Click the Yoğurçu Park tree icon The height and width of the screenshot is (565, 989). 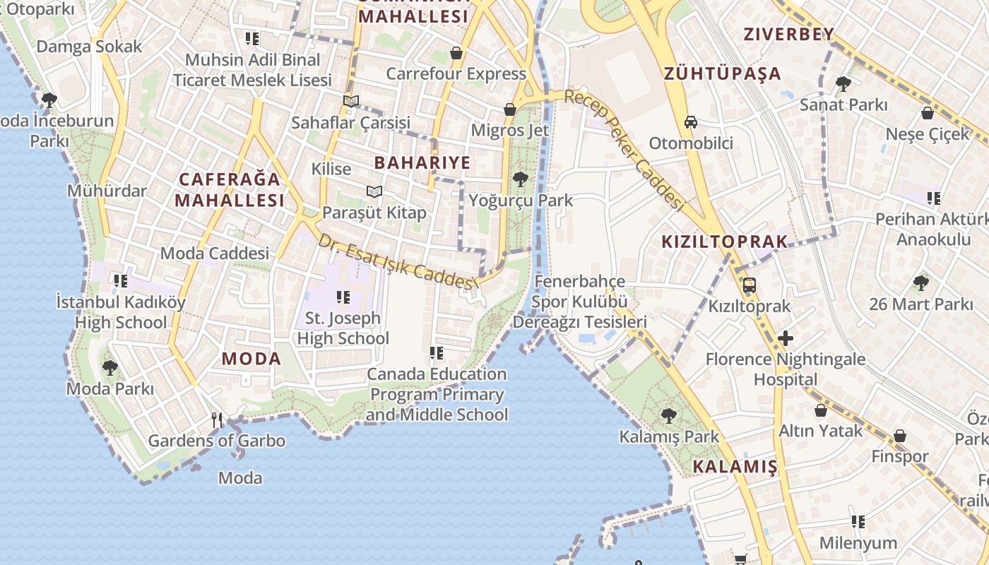(521, 179)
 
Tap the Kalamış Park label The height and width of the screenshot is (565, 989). (668, 436)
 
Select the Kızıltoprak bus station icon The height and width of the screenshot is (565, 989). (750, 286)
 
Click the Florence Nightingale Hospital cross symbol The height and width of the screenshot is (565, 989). (785, 338)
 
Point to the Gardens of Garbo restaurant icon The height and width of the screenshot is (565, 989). (217, 420)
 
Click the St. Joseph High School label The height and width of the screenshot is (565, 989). (343, 328)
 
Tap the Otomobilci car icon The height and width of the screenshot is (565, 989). (691, 122)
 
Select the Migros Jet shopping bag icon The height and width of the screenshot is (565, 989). (510, 109)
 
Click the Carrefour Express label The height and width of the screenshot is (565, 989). (456, 73)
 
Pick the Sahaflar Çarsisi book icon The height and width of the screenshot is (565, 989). (351, 101)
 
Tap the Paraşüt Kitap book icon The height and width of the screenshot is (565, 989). (374, 191)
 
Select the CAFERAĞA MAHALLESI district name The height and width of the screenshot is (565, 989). (230, 189)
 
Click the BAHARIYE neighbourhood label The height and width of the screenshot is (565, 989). (422, 162)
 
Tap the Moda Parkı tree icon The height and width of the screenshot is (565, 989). (109, 368)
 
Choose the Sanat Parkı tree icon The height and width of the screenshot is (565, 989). (843, 84)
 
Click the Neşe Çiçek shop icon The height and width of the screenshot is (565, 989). (928, 113)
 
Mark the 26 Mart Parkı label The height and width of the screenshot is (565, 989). (920, 304)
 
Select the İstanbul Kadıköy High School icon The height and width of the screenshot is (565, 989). (121, 281)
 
